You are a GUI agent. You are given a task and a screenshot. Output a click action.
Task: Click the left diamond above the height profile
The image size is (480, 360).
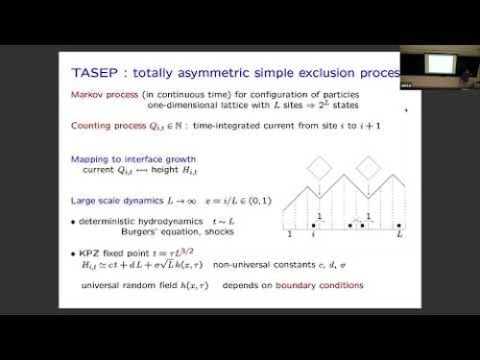pos(318,167)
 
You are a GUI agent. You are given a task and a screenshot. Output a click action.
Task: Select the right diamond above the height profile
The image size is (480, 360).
pos(370,167)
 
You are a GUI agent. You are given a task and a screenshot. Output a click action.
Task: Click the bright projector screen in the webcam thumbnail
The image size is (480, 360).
pos(441,63)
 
